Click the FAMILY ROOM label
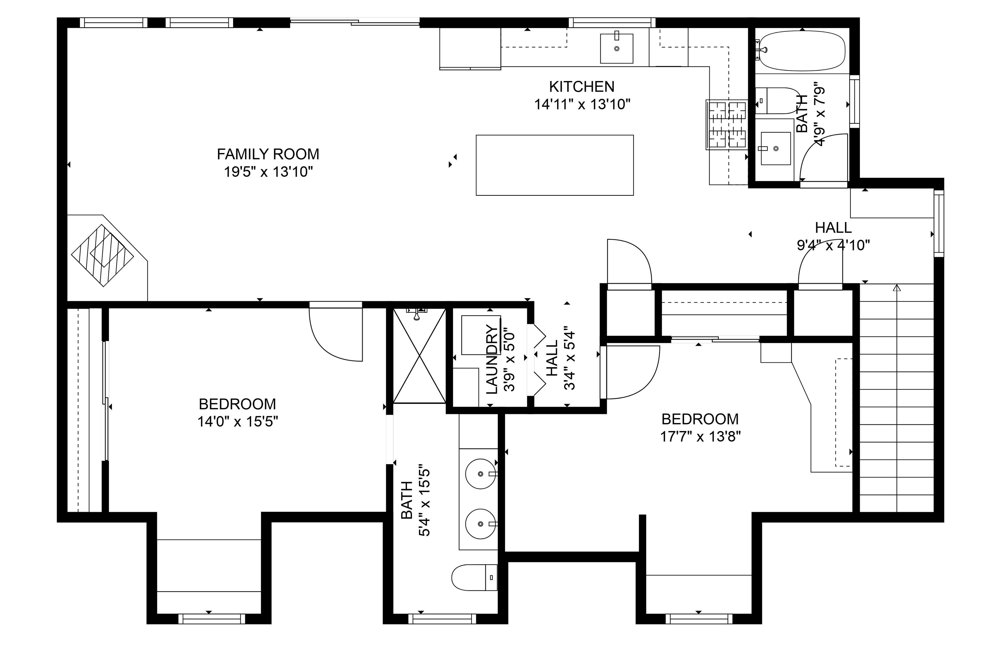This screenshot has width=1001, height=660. pyautogui.click(x=268, y=154)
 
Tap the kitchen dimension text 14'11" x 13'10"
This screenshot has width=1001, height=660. pyautogui.click(x=582, y=104)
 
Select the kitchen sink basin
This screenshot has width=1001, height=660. pyautogui.click(x=617, y=49)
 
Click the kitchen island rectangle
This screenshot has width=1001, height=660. pyautogui.click(x=555, y=165)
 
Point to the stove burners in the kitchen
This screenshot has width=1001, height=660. pyautogui.click(x=727, y=125)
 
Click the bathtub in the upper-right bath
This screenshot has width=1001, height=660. pyautogui.click(x=801, y=51)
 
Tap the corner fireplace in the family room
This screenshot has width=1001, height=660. pyautogui.click(x=102, y=256)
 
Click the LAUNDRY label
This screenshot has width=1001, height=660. pyautogui.click(x=492, y=359)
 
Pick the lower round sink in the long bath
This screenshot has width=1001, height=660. pyautogui.click(x=481, y=524)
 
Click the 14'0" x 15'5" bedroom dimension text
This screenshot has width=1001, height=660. pyautogui.click(x=238, y=421)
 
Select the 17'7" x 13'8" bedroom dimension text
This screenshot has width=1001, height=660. pyautogui.click(x=700, y=437)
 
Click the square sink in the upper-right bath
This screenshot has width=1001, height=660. pyautogui.click(x=776, y=148)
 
